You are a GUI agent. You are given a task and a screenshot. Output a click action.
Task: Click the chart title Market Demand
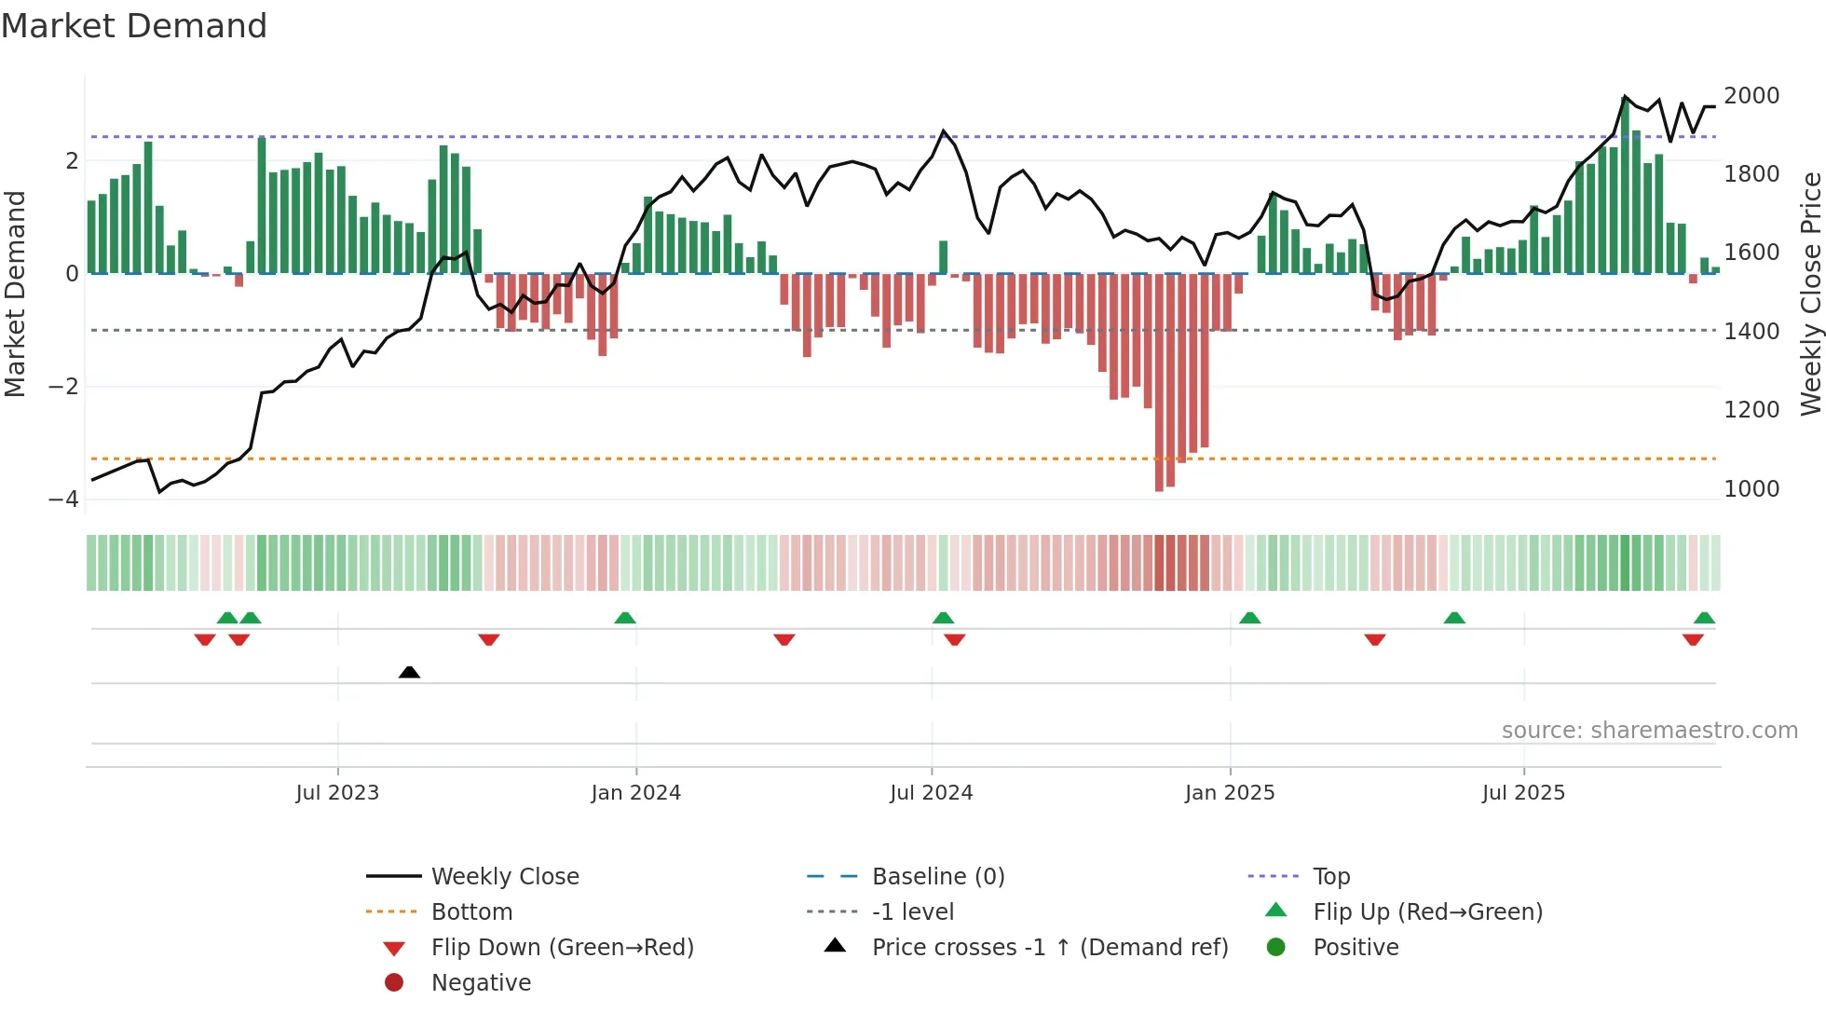click(x=134, y=26)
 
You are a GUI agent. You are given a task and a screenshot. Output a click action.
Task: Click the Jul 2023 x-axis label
click(x=337, y=793)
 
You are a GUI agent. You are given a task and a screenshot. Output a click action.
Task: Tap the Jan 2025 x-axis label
click(x=1230, y=793)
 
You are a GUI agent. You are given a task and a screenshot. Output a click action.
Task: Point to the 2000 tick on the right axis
click(x=1751, y=96)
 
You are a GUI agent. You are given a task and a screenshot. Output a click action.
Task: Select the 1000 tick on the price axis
click(x=1751, y=489)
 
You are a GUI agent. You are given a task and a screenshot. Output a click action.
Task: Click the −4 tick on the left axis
click(x=63, y=499)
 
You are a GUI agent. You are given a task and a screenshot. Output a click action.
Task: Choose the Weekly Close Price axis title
click(x=1810, y=294)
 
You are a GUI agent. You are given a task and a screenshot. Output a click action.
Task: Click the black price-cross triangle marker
click(x=409, y=672)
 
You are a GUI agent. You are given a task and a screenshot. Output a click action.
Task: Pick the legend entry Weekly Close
click(x=504, y=877)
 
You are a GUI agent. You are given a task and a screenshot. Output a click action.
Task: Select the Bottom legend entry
click(x=471, y=912)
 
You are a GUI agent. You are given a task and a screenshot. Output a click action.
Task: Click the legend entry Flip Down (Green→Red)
click(x=562, y=948)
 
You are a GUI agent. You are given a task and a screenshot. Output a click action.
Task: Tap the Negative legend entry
click(x=481, y=983)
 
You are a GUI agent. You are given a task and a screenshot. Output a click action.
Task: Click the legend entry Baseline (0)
click(x=937, y=877)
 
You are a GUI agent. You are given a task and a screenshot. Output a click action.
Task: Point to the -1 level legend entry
click(x=912, y=912)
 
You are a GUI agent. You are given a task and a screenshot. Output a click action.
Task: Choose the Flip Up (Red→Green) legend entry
click(x=1427, y=912)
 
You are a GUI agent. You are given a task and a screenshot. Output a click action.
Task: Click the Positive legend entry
click(x=1356, y=948)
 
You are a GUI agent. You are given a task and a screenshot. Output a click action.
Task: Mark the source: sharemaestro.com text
click(x=1649, y=731)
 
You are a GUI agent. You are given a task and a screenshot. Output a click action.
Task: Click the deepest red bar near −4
click(x=1159, y=382)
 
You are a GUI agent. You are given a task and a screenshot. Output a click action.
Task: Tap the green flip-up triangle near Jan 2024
click(x=625, y=618)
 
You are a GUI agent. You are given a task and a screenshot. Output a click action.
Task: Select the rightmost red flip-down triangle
click(x=1693, y=640)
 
